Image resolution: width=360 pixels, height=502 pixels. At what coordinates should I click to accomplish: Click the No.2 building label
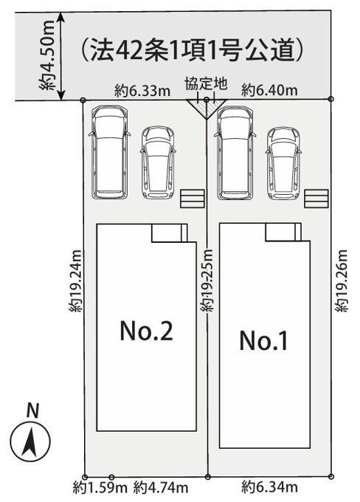tap(147, 331)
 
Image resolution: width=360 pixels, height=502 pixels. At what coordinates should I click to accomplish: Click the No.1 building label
tap(263, 340)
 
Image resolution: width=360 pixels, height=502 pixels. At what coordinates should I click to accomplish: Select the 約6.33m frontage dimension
tap(142, 92)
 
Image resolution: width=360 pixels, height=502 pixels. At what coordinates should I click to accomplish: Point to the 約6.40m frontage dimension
tap(269, 90)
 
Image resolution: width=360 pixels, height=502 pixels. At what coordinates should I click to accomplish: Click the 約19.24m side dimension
tap(77, 281)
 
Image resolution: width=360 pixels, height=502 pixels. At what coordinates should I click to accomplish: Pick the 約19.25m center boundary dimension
tap(207, 280)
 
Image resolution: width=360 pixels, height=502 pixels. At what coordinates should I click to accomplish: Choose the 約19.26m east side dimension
tap(341, 281)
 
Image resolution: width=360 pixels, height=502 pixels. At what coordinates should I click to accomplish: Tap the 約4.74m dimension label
tap(161, 488)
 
